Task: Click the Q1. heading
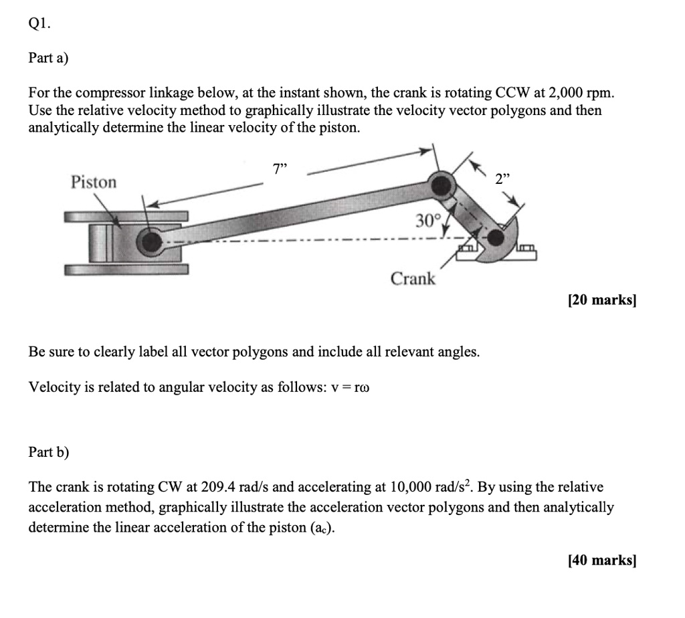[x=39, y=25]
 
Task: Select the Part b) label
[x=48, y=452]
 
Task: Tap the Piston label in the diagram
[x=94, y=182]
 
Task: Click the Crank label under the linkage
[x=413, y=278]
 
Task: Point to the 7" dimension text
[x=280, y=169]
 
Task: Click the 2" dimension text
[x=502, y=179]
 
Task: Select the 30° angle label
[x=427, y=221]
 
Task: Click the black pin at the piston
[x=153, y=243]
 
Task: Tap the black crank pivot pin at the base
[x=495, y=238]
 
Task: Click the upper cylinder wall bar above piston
[x=126, y=217]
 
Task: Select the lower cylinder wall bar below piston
[x=126, y=270]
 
